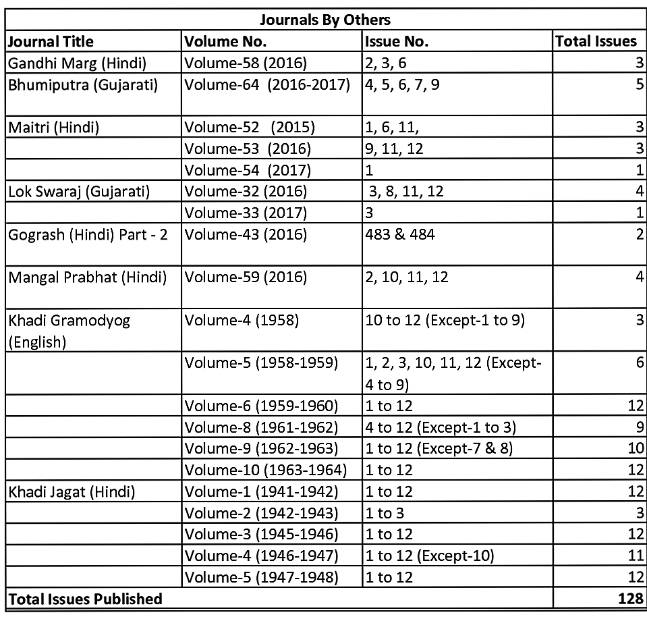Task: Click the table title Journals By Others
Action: pos(326,19)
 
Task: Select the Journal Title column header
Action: pos(51,41)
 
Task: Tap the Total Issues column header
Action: pos(596,41)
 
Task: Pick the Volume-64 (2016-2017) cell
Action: pos(268,86)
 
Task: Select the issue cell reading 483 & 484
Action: pos(400,235)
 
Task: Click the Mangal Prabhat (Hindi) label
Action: pos(87,277)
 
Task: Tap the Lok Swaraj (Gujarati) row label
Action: pos(79,191)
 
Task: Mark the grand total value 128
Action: pos(631,599)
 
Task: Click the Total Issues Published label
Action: pos(85,599)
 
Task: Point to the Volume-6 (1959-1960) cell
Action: pos(262,406)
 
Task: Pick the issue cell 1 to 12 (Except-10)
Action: pos(430,556)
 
